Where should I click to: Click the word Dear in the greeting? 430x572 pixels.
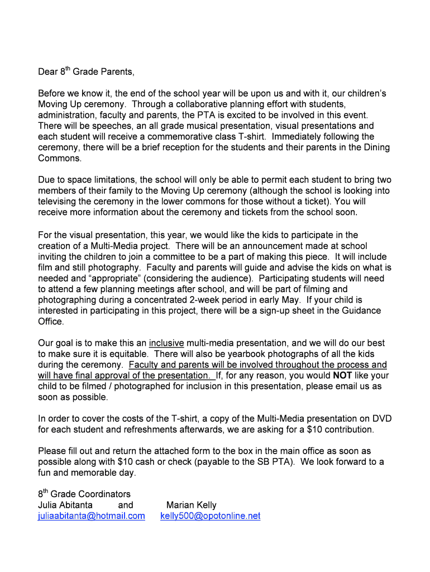pyautogui.click(x=48, y=72)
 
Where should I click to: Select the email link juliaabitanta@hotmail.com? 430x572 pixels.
pyautogui.click(x=91, y=516)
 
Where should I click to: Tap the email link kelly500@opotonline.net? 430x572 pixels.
pyautogui.click(x=211, y=516)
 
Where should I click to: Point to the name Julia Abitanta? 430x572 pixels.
pyautogui.click(x=65, y=506)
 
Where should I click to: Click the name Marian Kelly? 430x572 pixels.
pyautogui.click(x=192, y=506)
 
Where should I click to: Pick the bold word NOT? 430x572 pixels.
pyautogui.click(x=342, y=376)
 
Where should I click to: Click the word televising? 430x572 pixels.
pyautogui.click(x=58, y=202)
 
